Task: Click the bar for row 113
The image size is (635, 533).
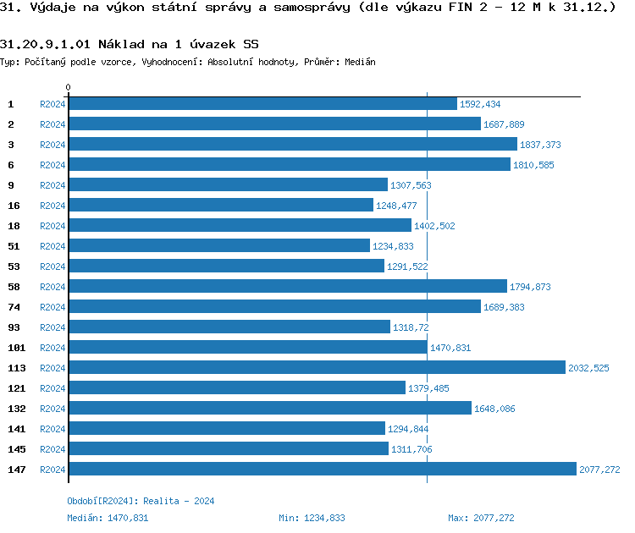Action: click(x=317, y=367)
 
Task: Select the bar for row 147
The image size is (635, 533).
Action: click(x=322, y=469)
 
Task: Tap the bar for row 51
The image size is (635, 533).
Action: click(x=219, y=245)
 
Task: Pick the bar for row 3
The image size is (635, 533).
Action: click(x=292, y=144)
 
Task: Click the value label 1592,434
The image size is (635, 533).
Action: click(x=480, y=104)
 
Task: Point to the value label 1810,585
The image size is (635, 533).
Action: click(x=533, y=165)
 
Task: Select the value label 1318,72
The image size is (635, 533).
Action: click(x=410, y=327)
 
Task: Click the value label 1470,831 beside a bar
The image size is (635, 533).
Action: click(x=450, y=348)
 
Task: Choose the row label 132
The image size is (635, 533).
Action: click(x=16, y=409)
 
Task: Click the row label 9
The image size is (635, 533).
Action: click(x=11, y=185)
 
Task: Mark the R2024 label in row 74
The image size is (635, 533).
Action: click(x=52, y=307)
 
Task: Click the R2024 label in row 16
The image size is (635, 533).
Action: click(x=52, y=206)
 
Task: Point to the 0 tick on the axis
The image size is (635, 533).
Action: click(x=69, y=88)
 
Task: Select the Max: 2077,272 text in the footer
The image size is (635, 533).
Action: click(x=481, y=518)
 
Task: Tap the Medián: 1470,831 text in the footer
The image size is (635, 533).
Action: click(x=108, y=518)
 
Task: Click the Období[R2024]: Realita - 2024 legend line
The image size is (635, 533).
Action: click(x=141, y=501)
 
